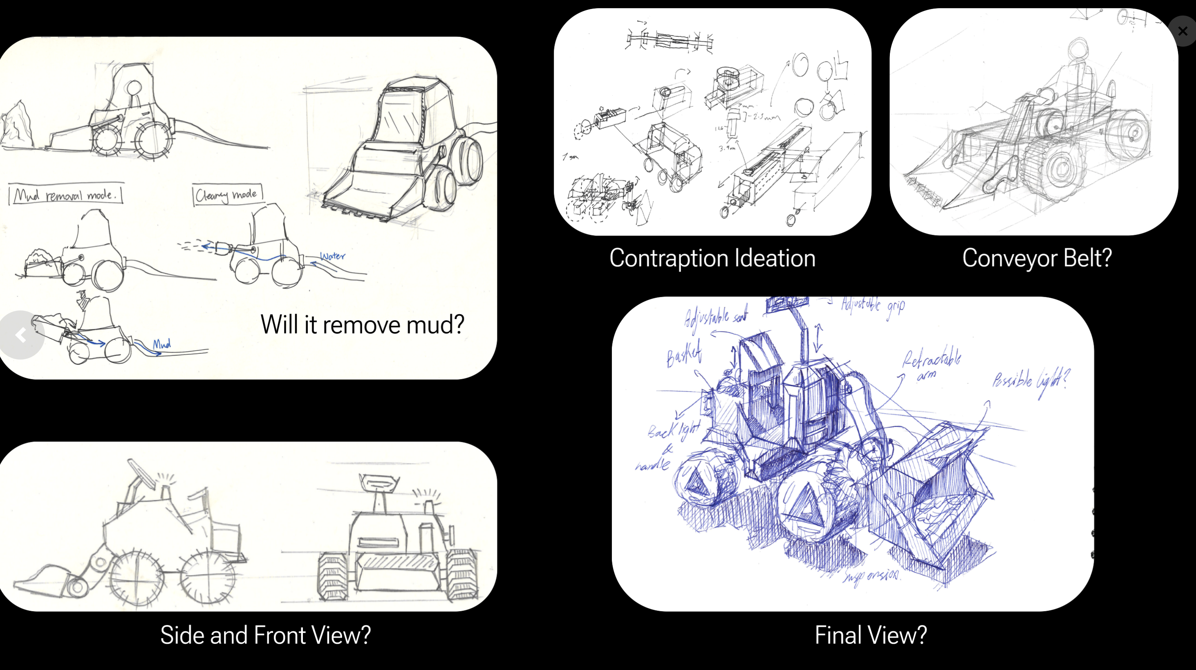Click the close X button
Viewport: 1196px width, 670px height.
coord(1182,31)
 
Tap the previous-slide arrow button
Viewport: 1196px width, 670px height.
coord(20,335)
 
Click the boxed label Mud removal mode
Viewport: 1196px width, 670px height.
coord(65,194)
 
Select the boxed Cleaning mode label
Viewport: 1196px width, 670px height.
coord(227,194)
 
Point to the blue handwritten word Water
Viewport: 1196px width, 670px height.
coord(333,256)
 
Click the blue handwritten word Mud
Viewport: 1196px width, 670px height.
coord(161,344)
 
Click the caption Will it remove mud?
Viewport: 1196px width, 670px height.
coord(362,324)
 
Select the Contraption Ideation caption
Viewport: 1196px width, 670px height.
coord(712,259)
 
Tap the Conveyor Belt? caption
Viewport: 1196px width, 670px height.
coord(1036,259)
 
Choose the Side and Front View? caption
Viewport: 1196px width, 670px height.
coord(265,635)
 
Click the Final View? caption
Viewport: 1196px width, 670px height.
coord(871,635)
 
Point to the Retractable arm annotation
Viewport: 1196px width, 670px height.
coord(931,365)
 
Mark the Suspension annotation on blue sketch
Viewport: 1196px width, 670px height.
coord(871,576)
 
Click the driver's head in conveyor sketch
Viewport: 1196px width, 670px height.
coord(1078,49)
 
